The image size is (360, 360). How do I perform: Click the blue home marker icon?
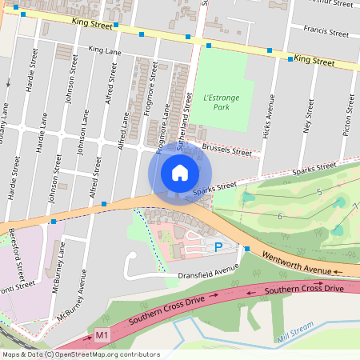(180, 174)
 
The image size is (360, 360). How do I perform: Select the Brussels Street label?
(226, 150)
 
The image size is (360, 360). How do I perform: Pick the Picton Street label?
(347, 117)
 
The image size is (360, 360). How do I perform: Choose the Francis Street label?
(326, 33)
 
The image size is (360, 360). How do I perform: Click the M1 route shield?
(102, 334)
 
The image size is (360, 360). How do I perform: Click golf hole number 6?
(279, 217)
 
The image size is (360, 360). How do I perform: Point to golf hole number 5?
(318, 192)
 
